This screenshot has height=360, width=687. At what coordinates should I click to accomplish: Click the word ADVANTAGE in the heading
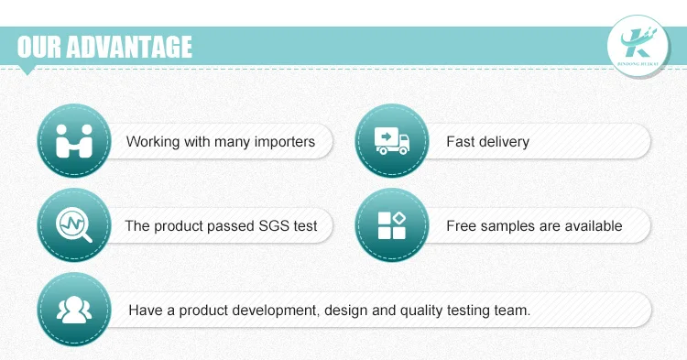130,47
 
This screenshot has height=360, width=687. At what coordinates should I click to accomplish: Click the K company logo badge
638,46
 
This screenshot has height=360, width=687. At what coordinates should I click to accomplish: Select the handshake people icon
74,140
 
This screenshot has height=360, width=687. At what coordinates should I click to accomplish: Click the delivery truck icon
392,140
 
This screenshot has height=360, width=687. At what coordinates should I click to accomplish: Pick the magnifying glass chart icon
74,224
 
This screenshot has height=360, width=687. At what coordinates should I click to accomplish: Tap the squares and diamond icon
392,225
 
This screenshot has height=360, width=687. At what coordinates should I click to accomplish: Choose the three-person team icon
74,310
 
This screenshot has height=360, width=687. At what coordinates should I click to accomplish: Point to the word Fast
461,141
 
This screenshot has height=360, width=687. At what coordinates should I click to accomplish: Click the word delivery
504,141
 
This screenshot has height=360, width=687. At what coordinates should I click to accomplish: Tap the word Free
461,225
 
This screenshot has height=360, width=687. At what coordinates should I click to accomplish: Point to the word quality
421,311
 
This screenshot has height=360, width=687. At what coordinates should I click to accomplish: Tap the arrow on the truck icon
386,136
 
